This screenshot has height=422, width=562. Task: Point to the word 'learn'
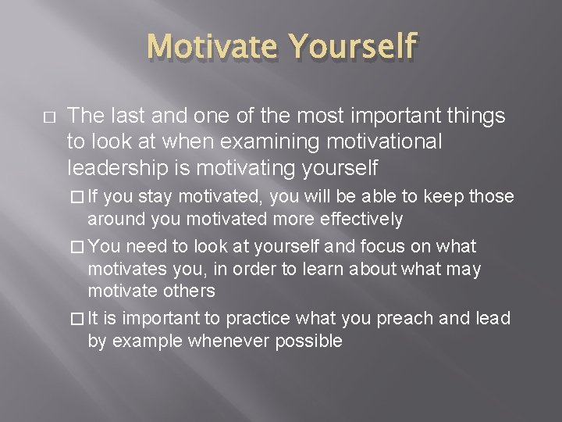click(301, 269)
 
